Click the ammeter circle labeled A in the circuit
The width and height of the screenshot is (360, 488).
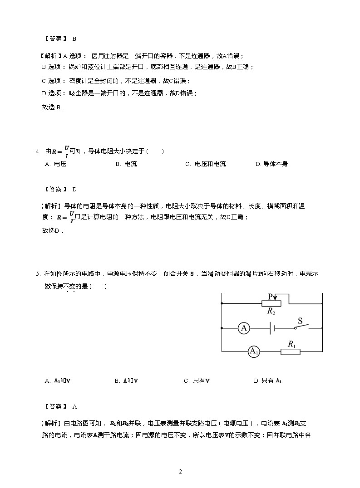244,328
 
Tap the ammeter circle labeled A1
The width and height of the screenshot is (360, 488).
253,351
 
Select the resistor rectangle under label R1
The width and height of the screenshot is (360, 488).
290,351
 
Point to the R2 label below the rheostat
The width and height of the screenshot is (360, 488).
271,312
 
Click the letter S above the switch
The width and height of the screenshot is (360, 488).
300,319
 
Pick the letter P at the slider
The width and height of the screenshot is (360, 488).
270,296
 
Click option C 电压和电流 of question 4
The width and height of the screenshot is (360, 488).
205,164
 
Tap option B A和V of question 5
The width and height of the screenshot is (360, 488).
126,381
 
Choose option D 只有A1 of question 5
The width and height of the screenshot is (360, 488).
268,381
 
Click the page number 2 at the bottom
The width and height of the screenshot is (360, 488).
180,472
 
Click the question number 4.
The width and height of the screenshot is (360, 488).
37,151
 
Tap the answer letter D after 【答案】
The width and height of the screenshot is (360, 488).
74,190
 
